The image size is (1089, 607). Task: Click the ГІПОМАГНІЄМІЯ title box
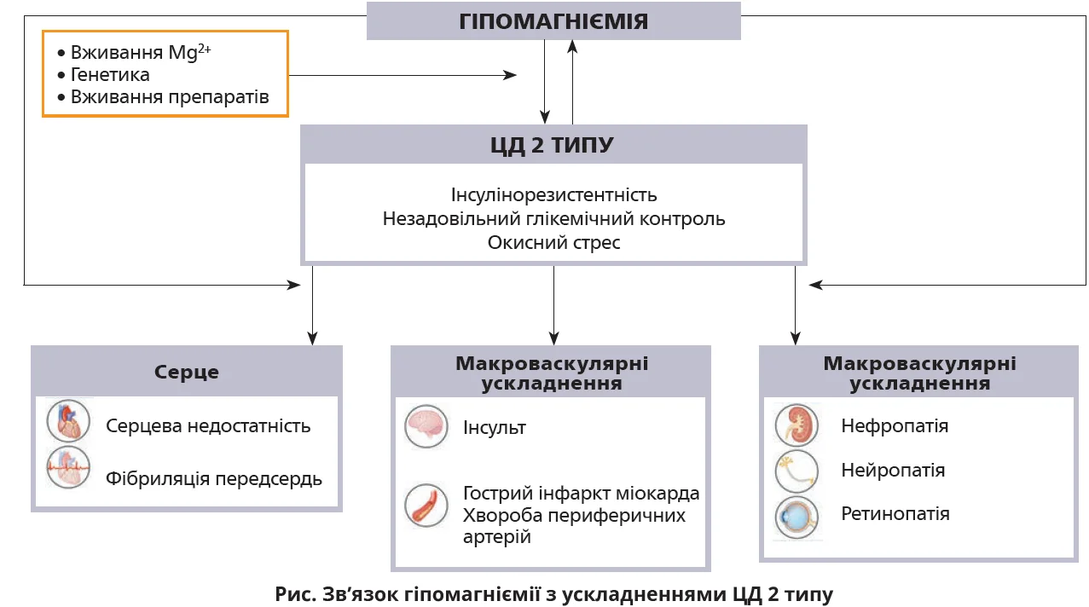[x=553, y=21]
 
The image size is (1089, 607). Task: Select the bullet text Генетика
[x=110, y=75]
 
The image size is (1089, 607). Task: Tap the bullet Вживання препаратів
[x=170, y=97]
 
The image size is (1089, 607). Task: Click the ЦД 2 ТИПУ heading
[x=553, y=145]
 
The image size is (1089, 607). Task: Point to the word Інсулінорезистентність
[x=553, y=195]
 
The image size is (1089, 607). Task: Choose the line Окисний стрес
[x=553, y=243]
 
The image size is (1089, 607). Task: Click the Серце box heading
[x=187, y=373]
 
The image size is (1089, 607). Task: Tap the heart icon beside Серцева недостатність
[x=68, y=422]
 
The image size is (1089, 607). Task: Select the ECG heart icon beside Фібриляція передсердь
[x=68, y=466]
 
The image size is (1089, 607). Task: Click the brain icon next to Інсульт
[x=426, y=426]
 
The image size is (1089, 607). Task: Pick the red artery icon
[x=426, y=504]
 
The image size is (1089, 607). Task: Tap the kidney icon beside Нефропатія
[x=796, y=425]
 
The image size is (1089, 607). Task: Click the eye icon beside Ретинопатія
[x=796, y=517]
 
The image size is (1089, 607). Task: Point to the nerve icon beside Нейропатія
[x=796, y=471]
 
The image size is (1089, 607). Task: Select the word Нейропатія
[x=893, y=471]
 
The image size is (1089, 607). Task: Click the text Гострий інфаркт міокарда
[x=581, y=494]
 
